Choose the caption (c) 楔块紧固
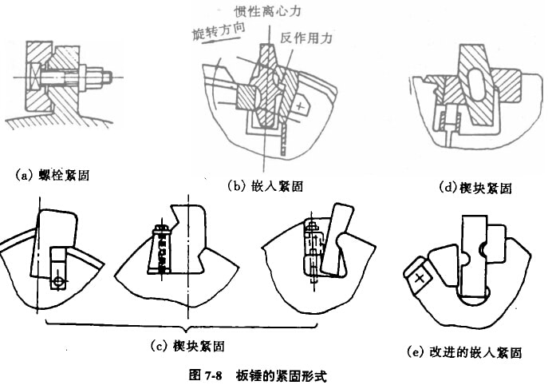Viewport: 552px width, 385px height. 187,345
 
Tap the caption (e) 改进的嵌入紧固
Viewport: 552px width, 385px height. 464,350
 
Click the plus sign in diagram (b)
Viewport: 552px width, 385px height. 298,104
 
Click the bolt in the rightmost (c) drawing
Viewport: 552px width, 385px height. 313,248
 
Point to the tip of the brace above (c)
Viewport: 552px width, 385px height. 187,330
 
